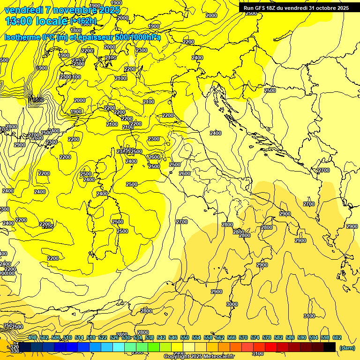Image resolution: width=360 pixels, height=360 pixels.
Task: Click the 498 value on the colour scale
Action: click(32, 337)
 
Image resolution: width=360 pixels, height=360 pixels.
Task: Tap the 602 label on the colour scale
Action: click(337, 337)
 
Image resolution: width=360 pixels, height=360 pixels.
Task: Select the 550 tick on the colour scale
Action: click(185, 337)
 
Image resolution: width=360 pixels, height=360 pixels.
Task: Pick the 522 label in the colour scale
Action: click(103, 337)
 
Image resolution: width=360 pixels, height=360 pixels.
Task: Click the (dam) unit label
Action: click(347, 348)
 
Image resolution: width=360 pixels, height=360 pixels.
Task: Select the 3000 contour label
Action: click(232, 304)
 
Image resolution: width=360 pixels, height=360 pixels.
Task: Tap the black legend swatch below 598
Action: click(330, 347)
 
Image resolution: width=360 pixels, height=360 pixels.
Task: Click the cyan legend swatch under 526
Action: click(119, 347)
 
